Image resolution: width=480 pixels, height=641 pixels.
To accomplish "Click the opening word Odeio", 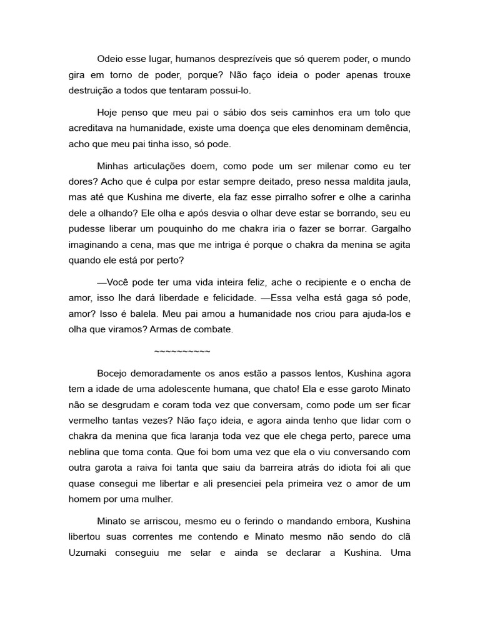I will click(x=111, y=59).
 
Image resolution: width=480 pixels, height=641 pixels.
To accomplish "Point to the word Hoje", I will click(x=109, y=113).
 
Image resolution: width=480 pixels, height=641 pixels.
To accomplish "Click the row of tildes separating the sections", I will click(x=182, y=351).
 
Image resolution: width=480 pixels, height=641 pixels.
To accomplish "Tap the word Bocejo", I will click(x=113, y=374).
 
